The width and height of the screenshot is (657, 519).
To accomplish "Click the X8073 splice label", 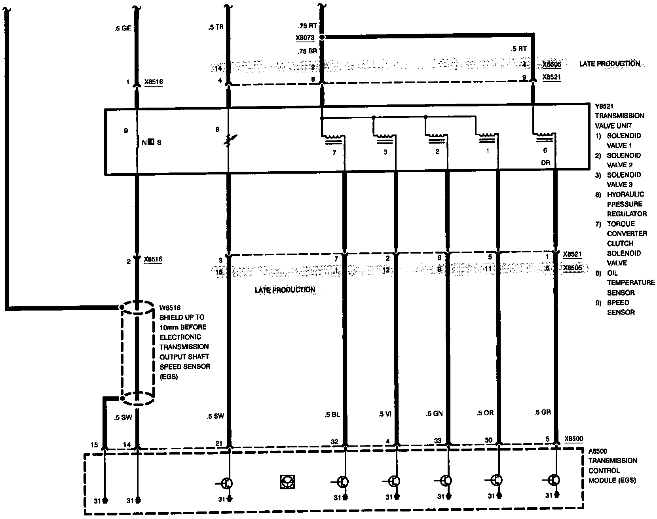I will tap(305, 38).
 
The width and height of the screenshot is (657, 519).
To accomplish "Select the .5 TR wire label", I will tap(216, 28).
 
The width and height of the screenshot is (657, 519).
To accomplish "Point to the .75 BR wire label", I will tap(307, 51).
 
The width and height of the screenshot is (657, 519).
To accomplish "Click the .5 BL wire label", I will tap(332, 415).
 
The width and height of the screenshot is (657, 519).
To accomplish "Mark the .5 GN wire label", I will tap(434, 413).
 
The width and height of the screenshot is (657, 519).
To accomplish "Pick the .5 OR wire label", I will tap(485, 413).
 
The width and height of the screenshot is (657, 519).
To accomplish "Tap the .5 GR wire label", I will tap(542, 412).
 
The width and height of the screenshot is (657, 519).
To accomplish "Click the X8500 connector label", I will tap(573, 439).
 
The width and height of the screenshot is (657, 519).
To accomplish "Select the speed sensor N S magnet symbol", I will tap(151, 142).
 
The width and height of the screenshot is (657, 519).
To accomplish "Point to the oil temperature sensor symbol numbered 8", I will tap(229, 141).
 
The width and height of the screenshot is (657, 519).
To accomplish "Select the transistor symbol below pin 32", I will tap(343, 482).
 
